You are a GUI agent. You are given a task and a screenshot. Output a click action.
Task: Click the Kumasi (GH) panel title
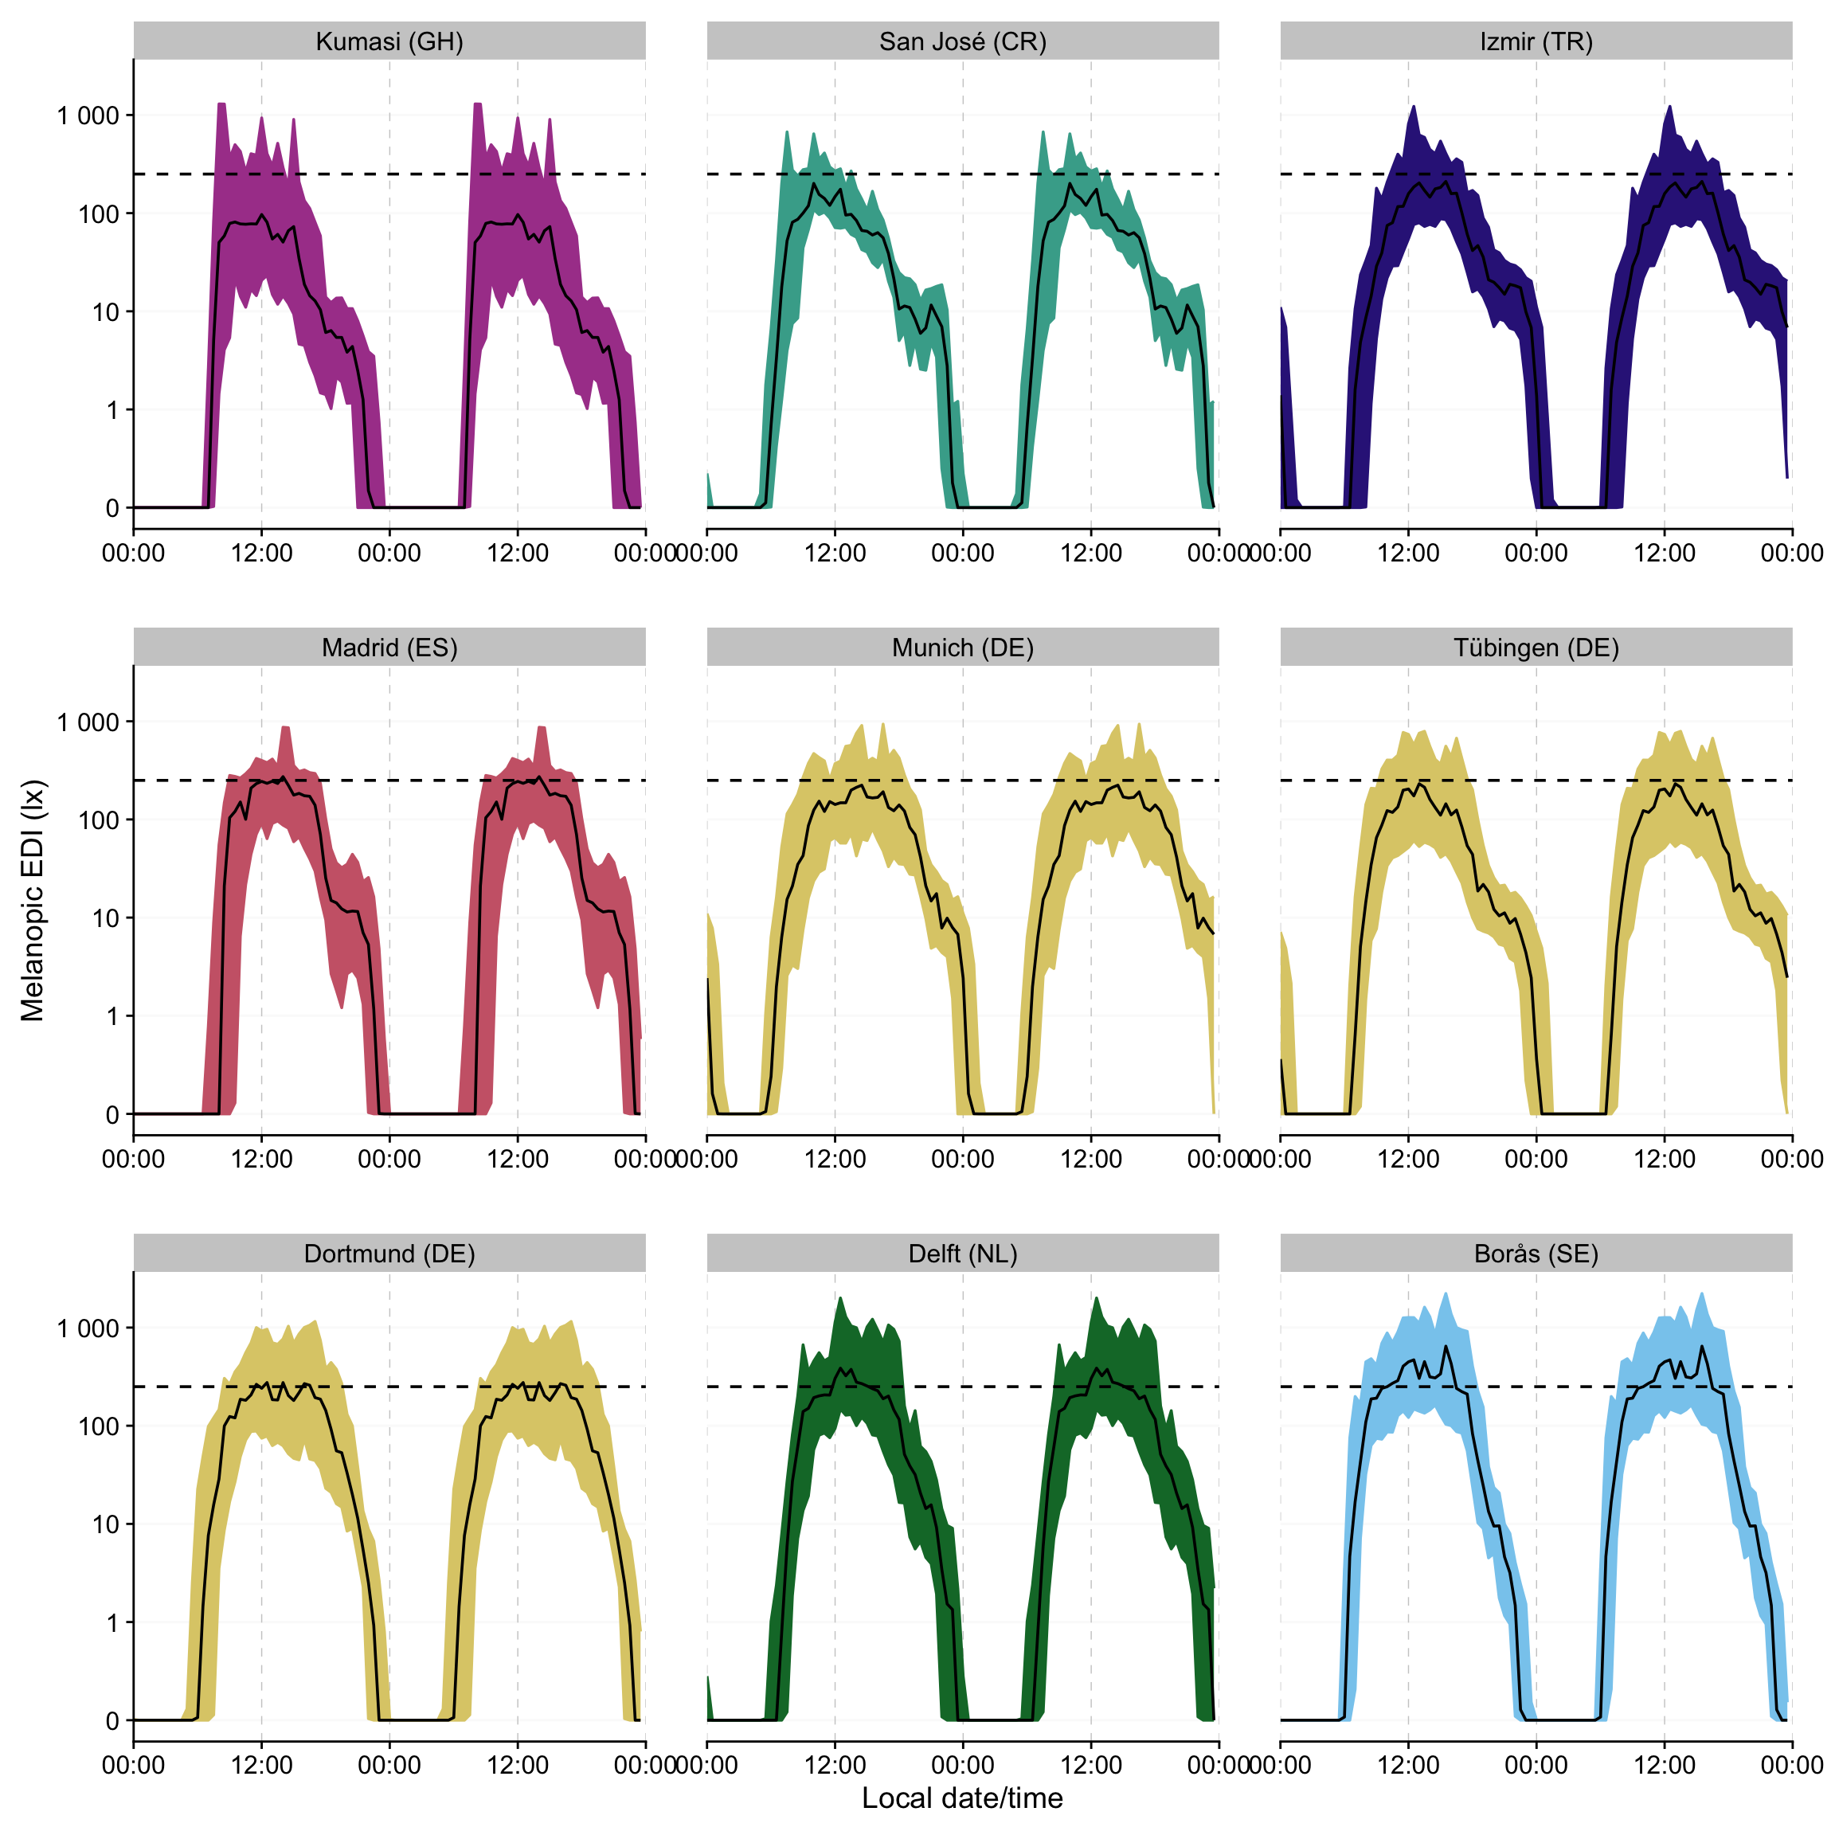[389, 41]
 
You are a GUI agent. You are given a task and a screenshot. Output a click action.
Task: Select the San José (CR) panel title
[962, 41]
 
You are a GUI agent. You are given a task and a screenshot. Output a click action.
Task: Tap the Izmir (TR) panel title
[1536, 41]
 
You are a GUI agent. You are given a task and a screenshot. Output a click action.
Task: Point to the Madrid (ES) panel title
[389, 648]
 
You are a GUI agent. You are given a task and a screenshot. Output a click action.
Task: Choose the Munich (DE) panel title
[962, 648]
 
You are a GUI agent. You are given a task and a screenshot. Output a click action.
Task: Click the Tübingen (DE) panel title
[1536, 648]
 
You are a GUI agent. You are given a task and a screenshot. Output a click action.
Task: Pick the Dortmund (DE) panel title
[389, 1254]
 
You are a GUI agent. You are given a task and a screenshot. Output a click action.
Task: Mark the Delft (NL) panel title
[962, 1254]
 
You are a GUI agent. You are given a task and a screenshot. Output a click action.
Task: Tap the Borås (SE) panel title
[1536, 1254]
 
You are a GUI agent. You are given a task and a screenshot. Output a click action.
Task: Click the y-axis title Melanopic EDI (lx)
[33, 901]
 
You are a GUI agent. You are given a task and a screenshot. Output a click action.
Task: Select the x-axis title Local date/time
[962, 1797]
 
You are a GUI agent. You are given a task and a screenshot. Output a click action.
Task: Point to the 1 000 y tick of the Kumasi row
[88, 115]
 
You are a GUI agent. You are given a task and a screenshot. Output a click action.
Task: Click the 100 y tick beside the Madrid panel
[99, 820]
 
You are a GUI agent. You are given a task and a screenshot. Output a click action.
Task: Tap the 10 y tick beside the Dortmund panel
[105, 1524]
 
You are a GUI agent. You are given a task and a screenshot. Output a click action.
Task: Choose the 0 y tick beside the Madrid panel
[112, 1114]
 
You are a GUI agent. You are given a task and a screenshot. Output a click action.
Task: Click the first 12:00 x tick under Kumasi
[261, 553]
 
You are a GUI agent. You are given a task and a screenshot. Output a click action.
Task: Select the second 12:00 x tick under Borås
[1664, 1765]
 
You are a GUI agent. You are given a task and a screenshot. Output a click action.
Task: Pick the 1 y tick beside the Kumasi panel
[112, 410]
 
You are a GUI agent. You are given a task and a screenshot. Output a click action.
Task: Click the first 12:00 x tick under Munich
[835, 1159]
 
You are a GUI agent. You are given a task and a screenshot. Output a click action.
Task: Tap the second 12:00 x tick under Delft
[1090, 1765]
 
